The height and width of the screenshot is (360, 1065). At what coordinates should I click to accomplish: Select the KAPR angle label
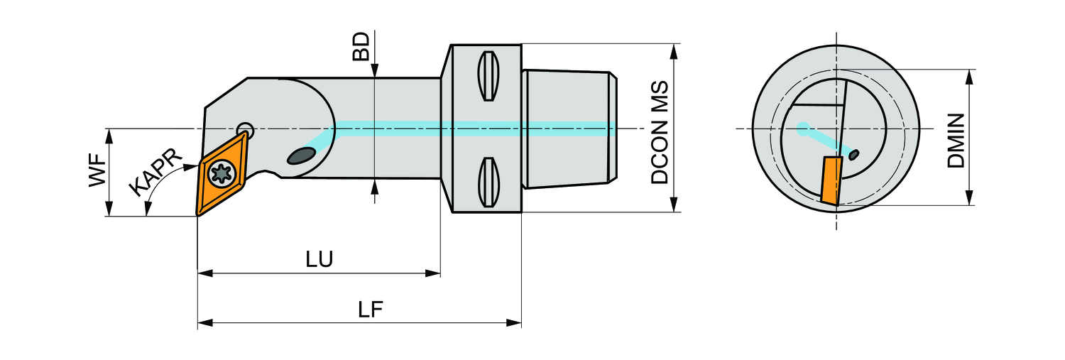(155, 174)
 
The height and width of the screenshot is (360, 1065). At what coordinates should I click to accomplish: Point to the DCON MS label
(660, 132)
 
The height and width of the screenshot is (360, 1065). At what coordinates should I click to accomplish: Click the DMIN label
(956, 140)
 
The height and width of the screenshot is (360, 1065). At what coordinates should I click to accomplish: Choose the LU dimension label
(319, 259)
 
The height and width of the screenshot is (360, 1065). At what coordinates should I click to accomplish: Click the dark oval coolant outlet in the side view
(301, 156)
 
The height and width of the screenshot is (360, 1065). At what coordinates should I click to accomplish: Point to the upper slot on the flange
(488, 77)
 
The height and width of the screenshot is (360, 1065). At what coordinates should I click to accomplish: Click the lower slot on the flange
(488, 182)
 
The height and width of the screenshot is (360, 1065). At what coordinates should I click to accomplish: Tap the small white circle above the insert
(245, 129)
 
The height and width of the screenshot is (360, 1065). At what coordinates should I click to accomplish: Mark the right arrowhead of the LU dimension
(434, 273)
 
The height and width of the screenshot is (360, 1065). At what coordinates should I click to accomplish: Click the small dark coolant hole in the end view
(854, 153)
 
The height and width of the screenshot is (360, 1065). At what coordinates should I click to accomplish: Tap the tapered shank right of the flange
(567, 128)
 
